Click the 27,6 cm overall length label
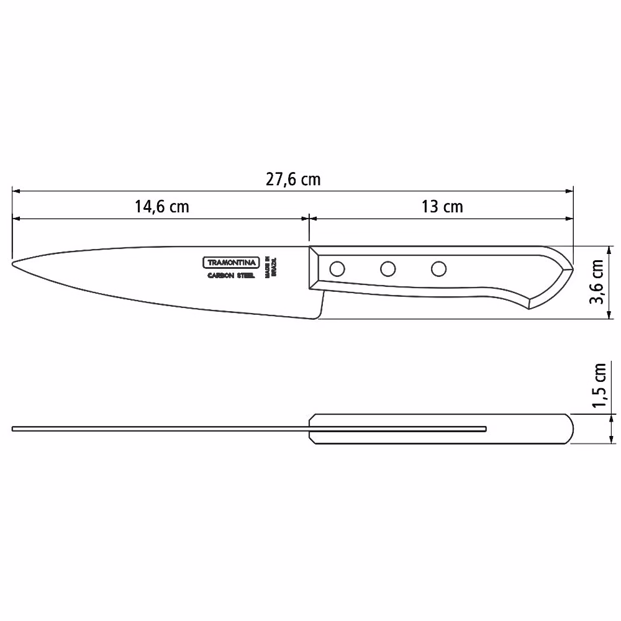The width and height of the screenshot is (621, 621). (293, 179)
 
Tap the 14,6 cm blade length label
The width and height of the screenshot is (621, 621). (161, 207)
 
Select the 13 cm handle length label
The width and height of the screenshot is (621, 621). (442, 207)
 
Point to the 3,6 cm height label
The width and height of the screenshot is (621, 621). (597, 282)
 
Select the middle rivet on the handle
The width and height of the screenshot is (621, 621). (388, 269)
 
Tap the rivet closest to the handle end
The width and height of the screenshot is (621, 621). (438, 269)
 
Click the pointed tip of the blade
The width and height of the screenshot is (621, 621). (14, 263)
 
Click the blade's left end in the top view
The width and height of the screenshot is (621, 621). (14, 428)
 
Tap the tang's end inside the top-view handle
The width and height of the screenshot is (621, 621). (486, 428)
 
